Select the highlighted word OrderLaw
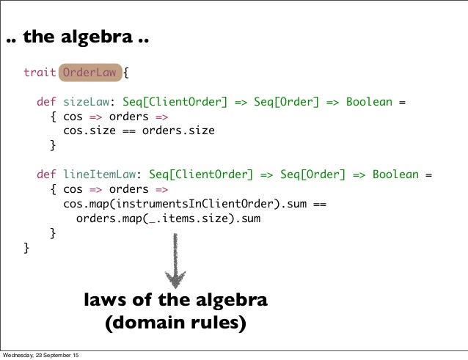pyautogui.click(x=87, y=73)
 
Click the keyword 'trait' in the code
pyautogui.click(x=39, y=73)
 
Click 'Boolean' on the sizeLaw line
pyautogui.click(x=370, y=102)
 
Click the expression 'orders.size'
pyautogui.click(x=178, y=131)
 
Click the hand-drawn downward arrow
pyautogui.click(x=175, y=260)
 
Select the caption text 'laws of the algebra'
pyautogui.click(x=175, y=301)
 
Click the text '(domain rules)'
pyautogui.click(x=175, y=323)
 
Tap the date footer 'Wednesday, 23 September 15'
pyautogui.click(x=41, y=355)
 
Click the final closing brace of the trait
pyautogui.click(x=27, y=248)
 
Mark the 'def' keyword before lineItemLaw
pyautogui.click(x=47, y=175)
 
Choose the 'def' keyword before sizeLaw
pyautogui.click(x=47, y=102)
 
